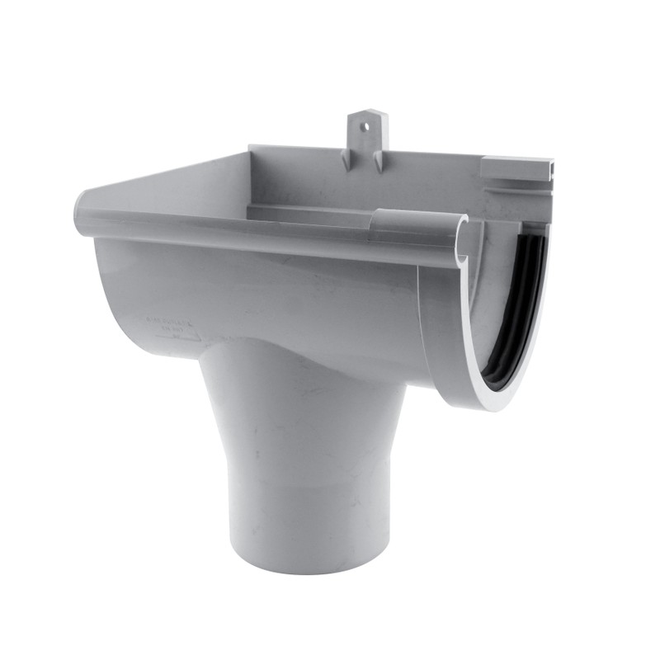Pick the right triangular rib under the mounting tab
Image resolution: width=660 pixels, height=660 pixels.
(379, 160)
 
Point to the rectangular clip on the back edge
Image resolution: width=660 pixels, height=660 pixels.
(515, 170)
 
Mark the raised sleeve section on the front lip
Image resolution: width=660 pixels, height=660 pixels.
(417, 225)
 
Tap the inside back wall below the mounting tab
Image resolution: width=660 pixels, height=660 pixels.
(363, 186)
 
